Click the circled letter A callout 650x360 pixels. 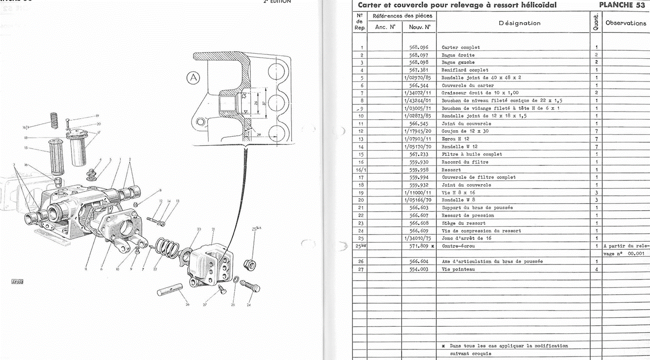(193, 78)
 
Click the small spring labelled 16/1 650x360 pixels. (52, 121)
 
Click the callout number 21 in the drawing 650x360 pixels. (213, 229)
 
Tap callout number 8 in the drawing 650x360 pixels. (160, 190)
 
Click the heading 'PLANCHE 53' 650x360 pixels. (622, 5)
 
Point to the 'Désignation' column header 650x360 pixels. (519, 23)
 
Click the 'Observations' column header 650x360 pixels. (625, 23)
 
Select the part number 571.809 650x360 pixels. (418, 246)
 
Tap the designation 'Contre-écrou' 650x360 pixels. (458, 246)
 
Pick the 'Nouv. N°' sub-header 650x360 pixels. (419, 27)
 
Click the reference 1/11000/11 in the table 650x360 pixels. (417, 193)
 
